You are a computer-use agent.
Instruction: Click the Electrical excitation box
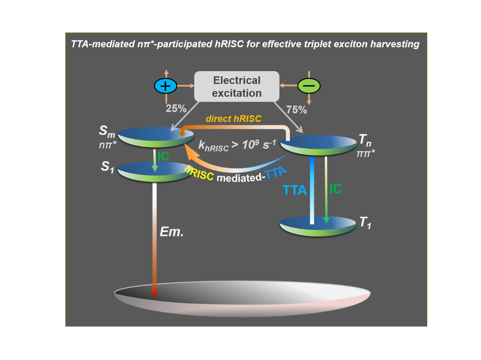[x=236, y=86]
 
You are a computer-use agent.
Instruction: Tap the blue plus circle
[x=165, y=86]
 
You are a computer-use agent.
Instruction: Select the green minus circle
[x=309, y=86]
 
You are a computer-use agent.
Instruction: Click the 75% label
[x=296, y=110]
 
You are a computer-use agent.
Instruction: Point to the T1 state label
[x=364, y=224]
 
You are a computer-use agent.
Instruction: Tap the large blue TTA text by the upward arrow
[x=295, y=190]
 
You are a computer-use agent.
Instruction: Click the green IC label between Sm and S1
[x=163, y=157]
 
